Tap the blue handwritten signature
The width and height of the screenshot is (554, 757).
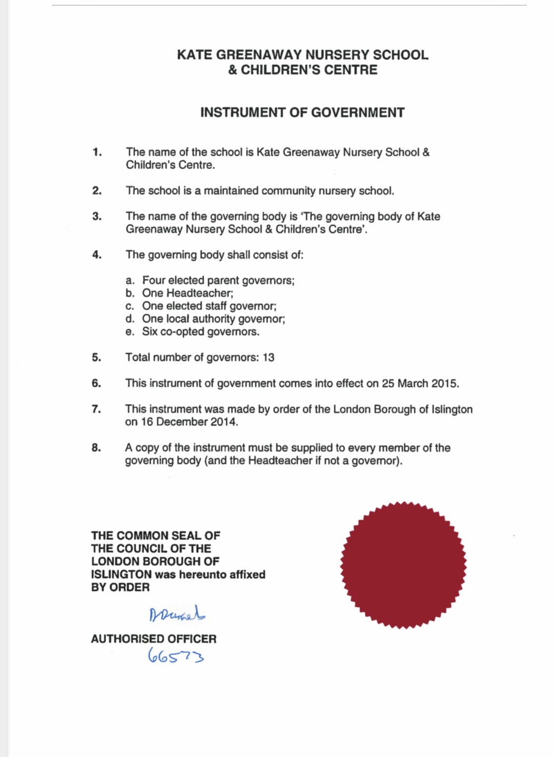[x=177, y=614]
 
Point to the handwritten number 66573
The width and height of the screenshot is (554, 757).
[x=176, y=656]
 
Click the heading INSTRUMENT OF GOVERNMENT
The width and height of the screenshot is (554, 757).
[x=302, y=113]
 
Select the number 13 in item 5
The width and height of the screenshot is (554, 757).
[x=268, y=357]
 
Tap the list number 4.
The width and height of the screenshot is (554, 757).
[x=97, y=255]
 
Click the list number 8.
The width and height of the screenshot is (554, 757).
[x=96, y=448]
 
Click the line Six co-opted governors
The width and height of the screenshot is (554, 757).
[x=201, y=332]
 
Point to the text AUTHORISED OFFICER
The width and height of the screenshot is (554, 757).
[x=153, y=639]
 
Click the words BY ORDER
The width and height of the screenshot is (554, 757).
[x=120, y=587]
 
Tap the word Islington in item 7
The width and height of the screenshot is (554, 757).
[x=452, y=409]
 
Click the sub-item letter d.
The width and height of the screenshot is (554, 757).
[x=130, y=319]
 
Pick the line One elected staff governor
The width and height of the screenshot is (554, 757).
[x=209, y=306]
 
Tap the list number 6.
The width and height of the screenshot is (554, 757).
[x=96, y=383]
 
